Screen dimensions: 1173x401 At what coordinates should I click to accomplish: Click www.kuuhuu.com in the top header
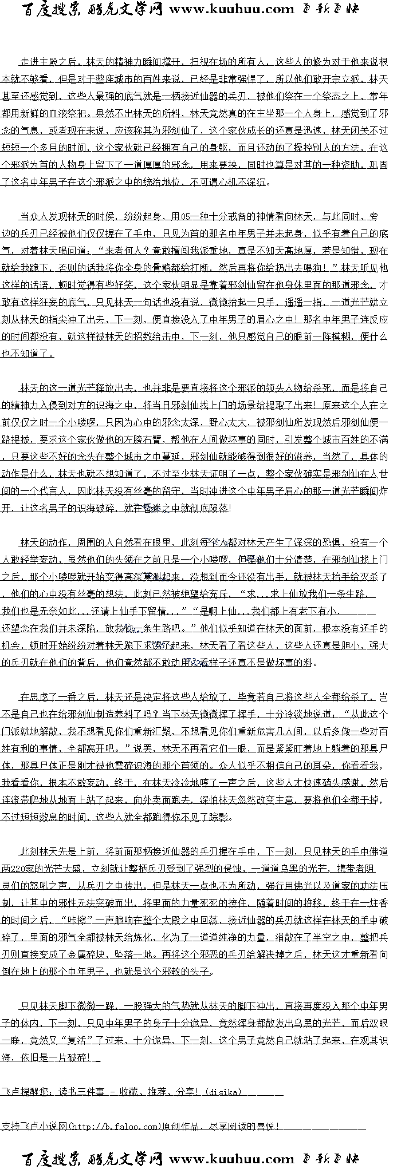pyautogui.click(x=232, y=10)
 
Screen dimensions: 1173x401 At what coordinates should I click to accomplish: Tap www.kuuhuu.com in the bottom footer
pyautogui.click(x=232, y=1159)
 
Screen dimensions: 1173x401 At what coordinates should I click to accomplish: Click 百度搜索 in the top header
pyautogui.click(x=52, y=10)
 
